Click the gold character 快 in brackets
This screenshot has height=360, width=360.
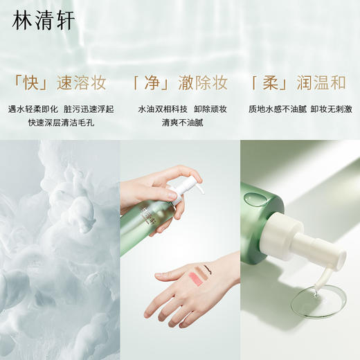pos(30,84)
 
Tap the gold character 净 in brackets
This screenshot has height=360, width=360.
pos(152,84)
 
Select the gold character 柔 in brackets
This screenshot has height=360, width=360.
pos(270,84)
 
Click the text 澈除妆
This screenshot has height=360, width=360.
pos(202,84)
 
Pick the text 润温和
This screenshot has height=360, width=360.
pos(320,84)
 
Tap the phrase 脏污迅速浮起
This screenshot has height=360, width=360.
pos(89,109)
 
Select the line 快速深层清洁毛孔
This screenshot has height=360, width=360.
pos(61,123)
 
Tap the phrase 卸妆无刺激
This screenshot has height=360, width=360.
pos(330,109)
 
